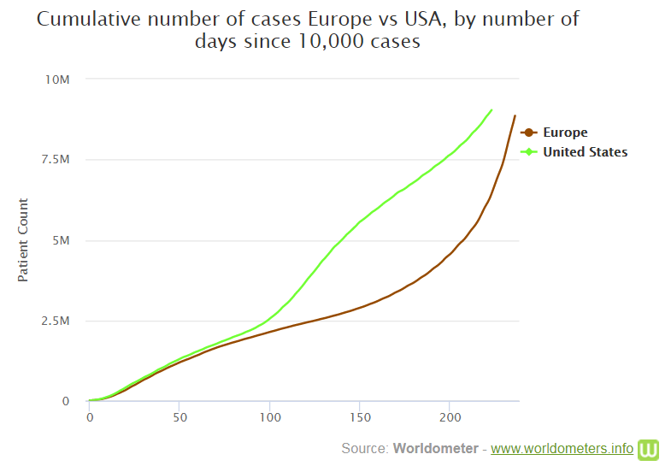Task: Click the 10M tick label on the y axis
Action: tap(57, 80)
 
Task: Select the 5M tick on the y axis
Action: tap(62, 240)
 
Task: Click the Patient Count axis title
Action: tap(23, 240)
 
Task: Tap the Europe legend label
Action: tap(565, 133)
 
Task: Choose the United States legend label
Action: tap(586, 152)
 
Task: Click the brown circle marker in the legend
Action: tap(529, 133)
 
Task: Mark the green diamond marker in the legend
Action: tap(529, 152)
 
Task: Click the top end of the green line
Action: tap(491, 109)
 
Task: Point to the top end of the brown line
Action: tap(515, 115)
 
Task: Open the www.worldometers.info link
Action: tap(562, 448)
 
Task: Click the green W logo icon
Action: tap(650, 449)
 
